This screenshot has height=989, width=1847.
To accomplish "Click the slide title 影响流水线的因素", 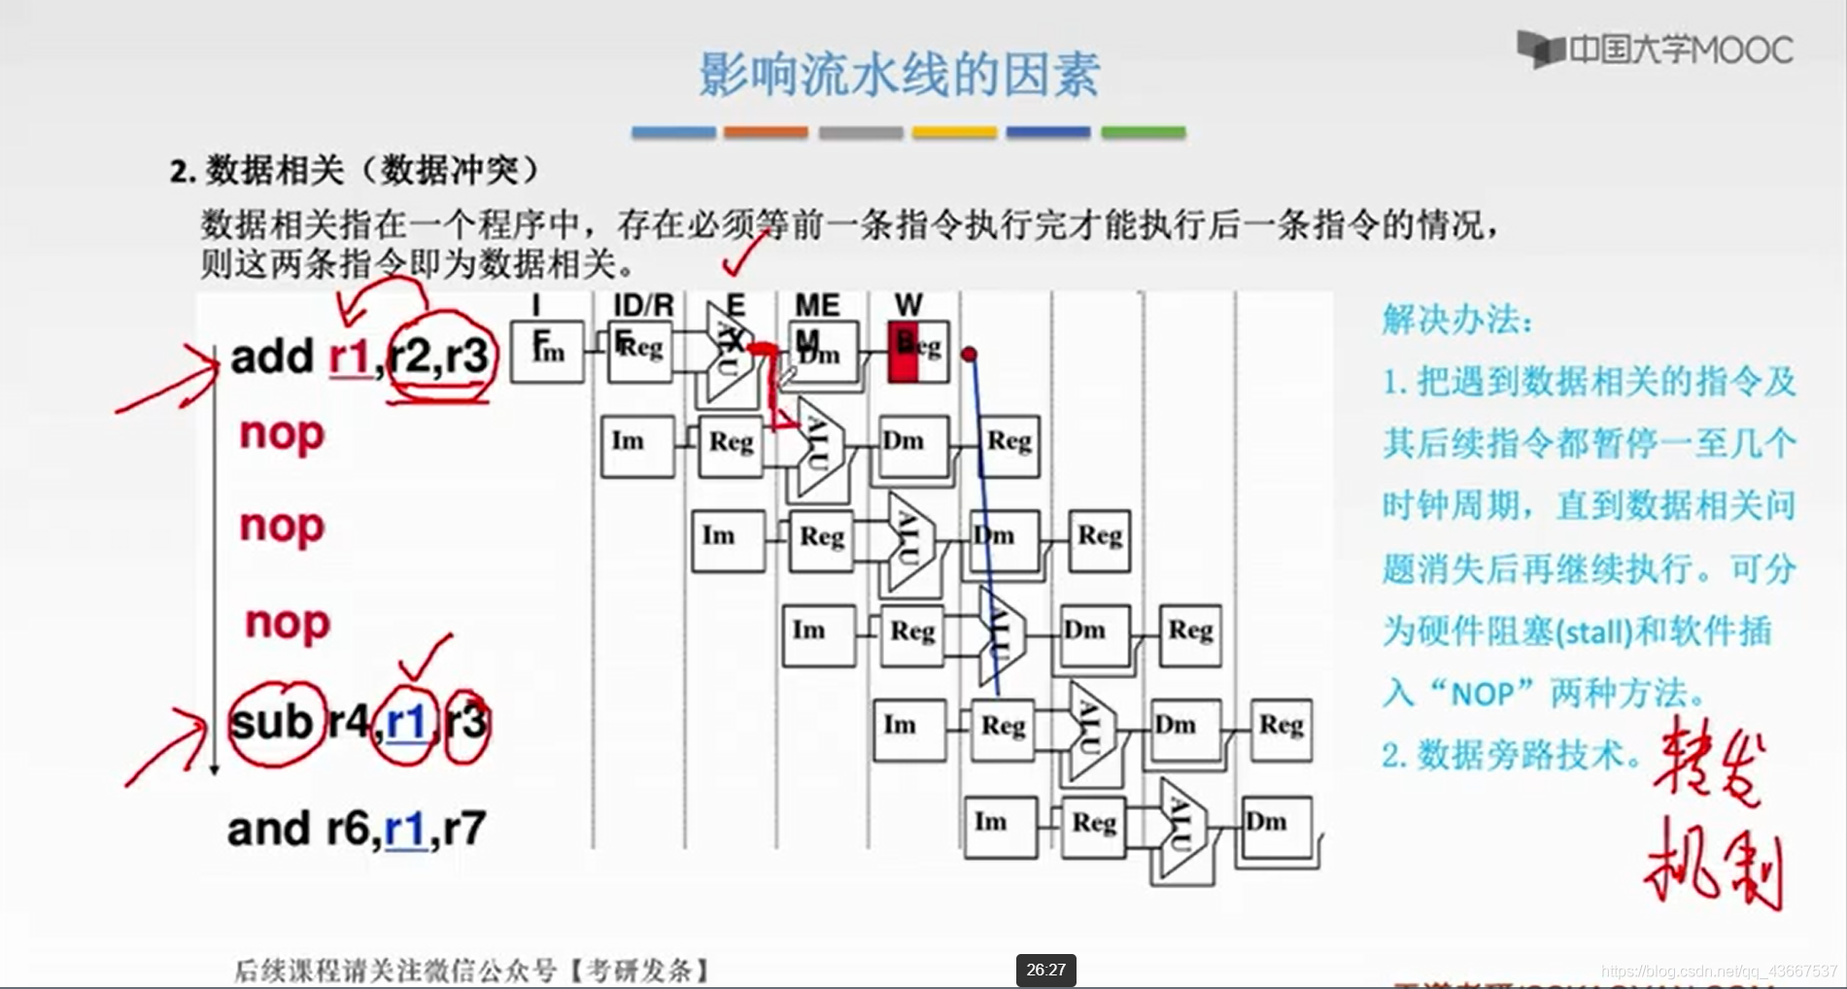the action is [899, 75].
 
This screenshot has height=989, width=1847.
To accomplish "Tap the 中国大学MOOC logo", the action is [1656, 50].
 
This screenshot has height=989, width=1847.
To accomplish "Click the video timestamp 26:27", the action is [1045, 970].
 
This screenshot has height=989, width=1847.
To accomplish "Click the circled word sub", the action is [272, 722].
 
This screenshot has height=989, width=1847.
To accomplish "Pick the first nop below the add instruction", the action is [282, 433].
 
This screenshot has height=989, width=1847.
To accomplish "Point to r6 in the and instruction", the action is [348, 829].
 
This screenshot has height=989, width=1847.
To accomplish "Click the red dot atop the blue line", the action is [969, 355].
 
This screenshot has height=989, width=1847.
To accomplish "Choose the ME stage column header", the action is [817, 305].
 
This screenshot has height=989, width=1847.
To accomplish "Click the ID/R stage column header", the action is [642, 305].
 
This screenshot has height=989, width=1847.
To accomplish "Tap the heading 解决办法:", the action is [1456, 319].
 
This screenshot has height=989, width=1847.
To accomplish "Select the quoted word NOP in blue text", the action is [1482, 694].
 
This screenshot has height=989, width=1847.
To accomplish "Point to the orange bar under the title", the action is [766, 132].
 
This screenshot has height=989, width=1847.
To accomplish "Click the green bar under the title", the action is [1143, 132].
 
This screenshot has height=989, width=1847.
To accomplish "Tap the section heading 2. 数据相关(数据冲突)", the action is [355, 171].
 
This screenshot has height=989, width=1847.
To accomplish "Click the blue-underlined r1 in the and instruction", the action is [405, 829].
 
